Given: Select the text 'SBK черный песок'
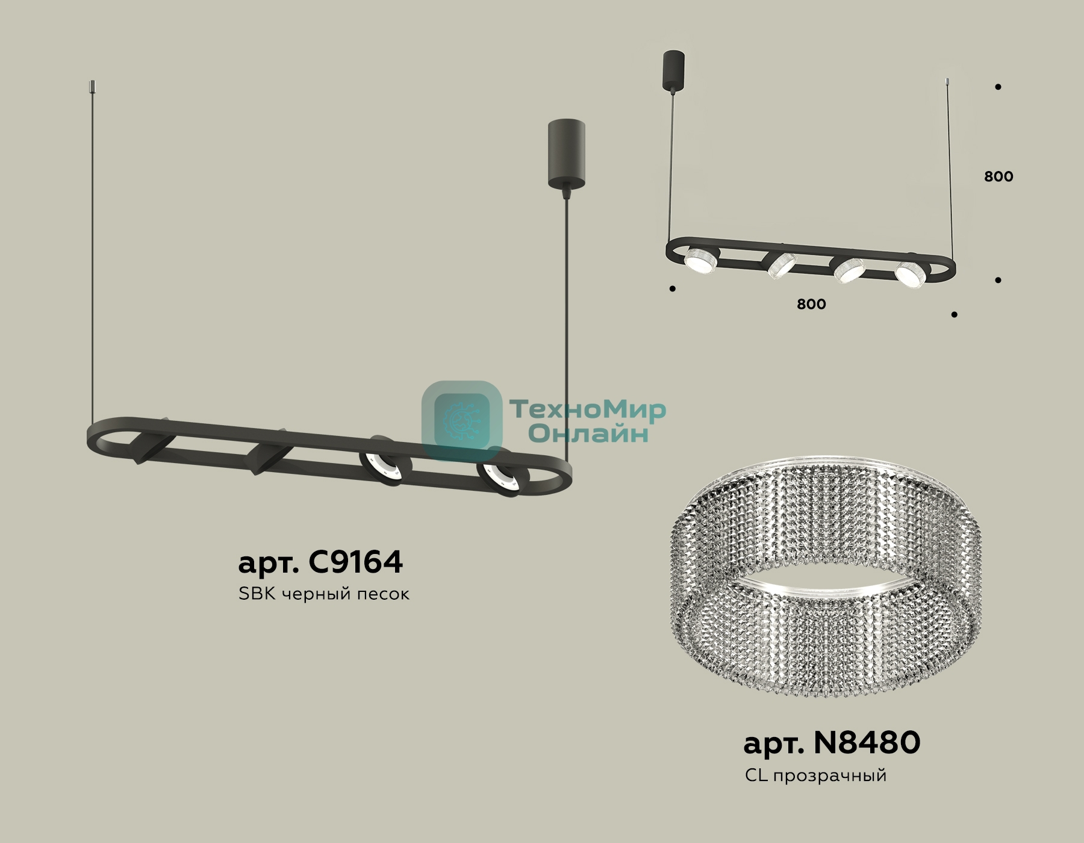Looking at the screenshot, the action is (324, 594).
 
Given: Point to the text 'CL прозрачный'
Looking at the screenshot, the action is (816, 775).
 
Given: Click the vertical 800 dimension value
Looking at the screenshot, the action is (998, 176).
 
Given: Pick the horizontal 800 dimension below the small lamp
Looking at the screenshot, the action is (811, 304).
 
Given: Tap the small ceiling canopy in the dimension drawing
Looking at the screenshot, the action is (673, 71).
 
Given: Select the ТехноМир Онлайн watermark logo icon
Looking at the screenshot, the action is (462, 421).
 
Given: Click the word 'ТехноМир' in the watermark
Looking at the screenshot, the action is (588, 409).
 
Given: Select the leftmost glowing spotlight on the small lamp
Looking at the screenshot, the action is (701, 260).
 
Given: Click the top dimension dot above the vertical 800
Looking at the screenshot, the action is (998, 87).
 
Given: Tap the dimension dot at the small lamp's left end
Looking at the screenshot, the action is (673, 289).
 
